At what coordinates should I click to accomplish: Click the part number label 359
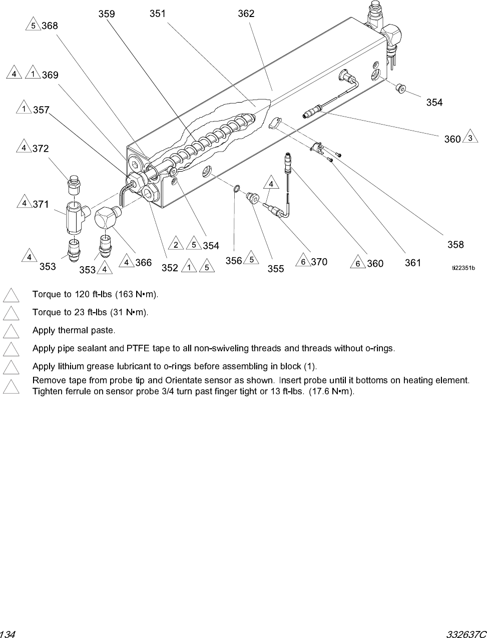click(x=106, y=14)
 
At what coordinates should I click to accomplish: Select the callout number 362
click(x=246, y=14)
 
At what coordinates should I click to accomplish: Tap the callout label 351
click(x=157, y=14)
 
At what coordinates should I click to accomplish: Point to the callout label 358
click(x=455, y=244)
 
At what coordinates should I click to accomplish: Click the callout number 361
click(x=412, y=263)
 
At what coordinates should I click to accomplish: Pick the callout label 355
click(x=275, y=269)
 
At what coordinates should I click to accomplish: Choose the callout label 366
click(x=143, y=263)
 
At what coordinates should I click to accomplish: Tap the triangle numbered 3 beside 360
click(x=469, y=138)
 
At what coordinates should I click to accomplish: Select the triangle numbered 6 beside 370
click(x=303, y=262)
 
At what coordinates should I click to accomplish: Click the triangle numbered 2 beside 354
click(x=176, y=244)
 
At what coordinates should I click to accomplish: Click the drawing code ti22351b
click(x=463, y=268)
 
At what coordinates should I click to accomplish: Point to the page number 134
click(x=9, y=633)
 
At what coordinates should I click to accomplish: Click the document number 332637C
click(x=466, y=633)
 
